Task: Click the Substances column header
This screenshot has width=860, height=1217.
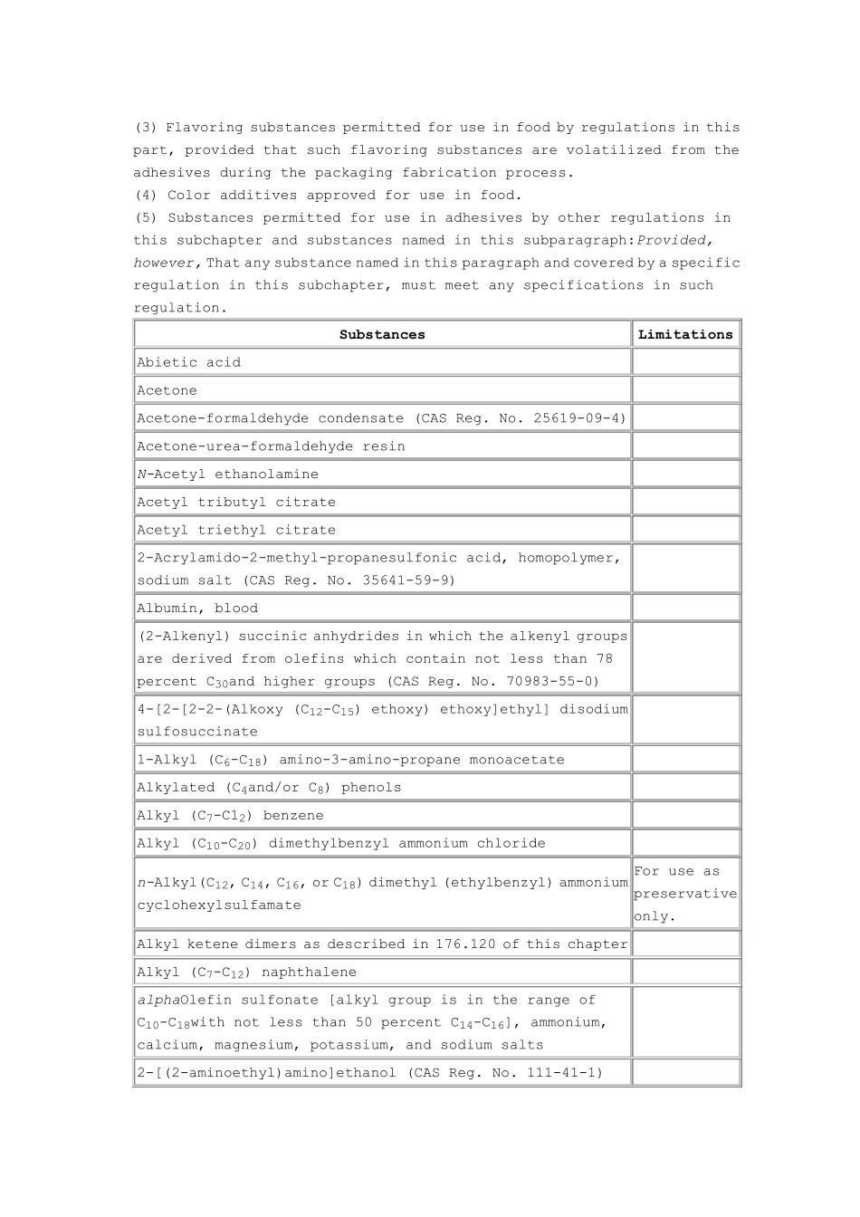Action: (x=382, y=334)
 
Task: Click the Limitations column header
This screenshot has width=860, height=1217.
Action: (x=685, y=334)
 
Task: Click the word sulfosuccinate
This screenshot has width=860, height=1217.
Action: (x=197, y=732)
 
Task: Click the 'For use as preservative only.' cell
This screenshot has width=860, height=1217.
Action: (x=685, y=894)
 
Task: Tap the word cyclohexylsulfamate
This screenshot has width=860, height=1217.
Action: (x=219, y=906)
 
